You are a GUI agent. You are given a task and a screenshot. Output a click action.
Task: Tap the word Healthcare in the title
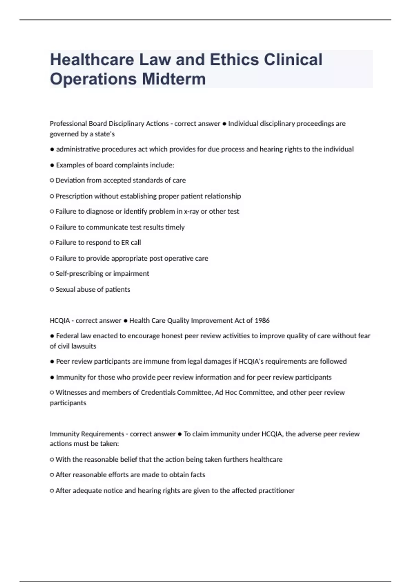(x=92, y=60)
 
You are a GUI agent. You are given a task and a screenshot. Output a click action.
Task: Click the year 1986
(x=262, y=321)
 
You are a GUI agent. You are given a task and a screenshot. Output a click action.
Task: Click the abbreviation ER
(x=125, y=243)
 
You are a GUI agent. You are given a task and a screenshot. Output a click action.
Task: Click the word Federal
(x=67, y=336)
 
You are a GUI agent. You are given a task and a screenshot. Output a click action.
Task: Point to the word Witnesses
(x=71, y=393)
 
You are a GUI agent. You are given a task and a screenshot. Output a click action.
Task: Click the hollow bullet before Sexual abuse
(x=52, y=290)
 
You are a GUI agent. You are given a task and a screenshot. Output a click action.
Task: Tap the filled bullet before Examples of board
(x=52, y=165)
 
